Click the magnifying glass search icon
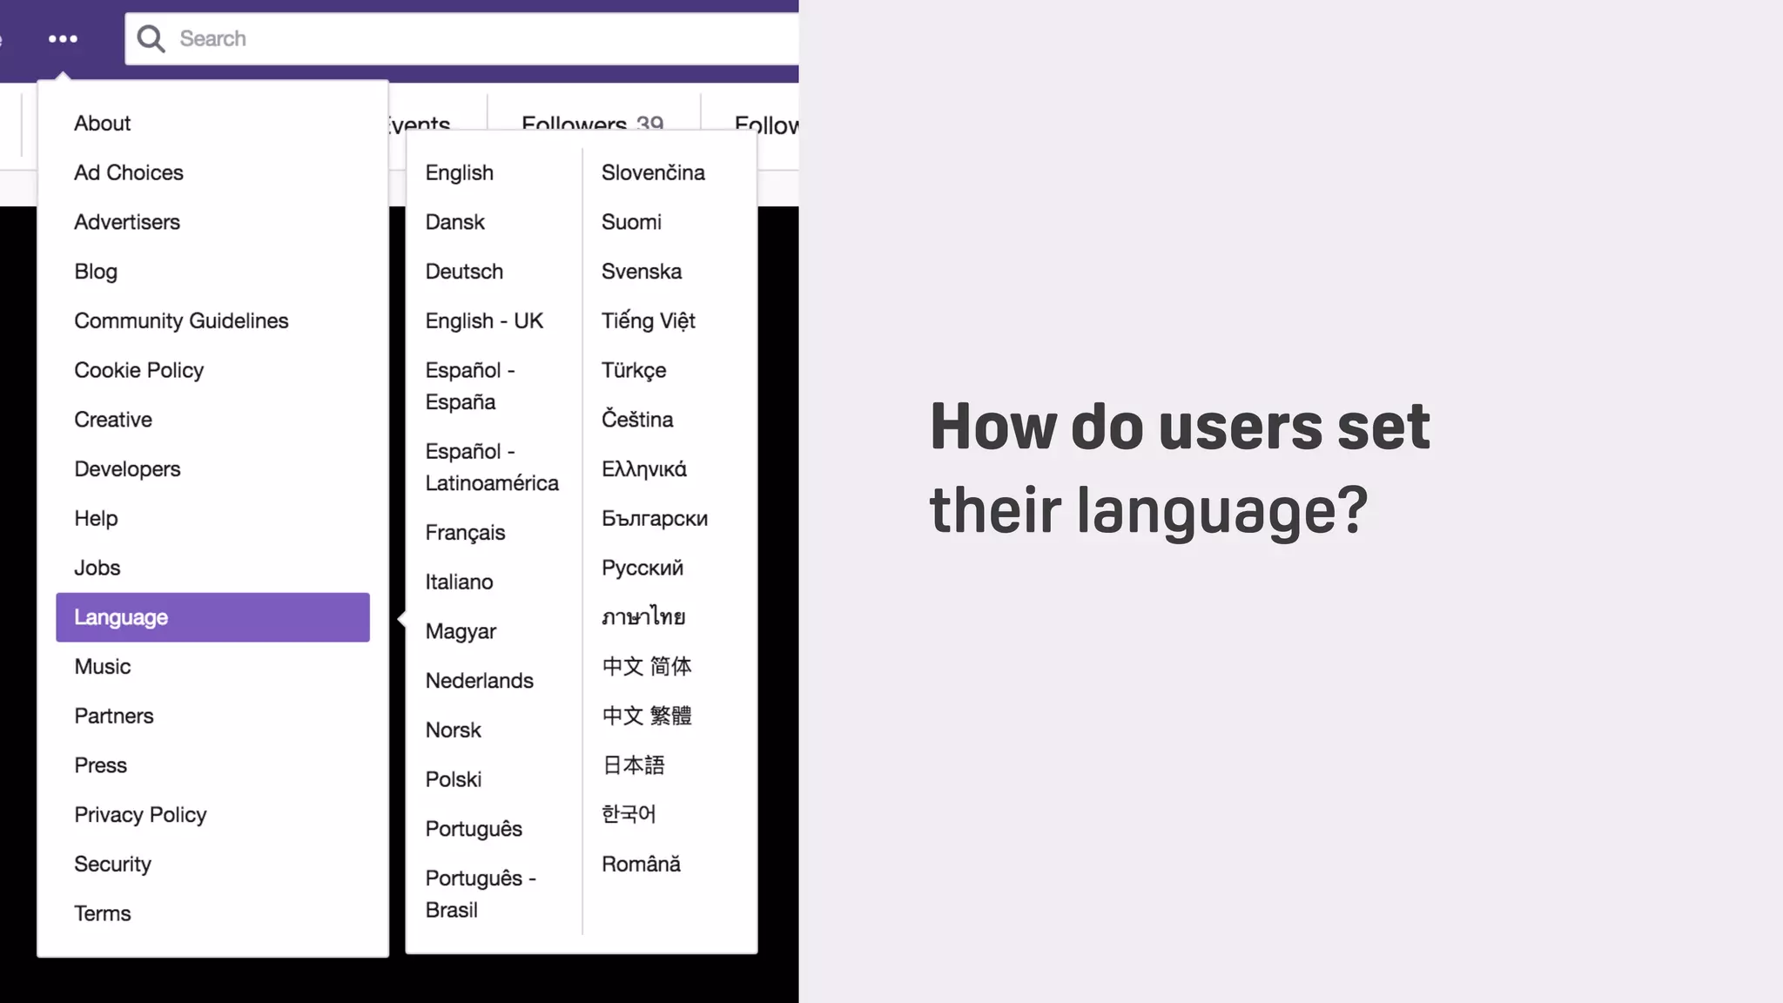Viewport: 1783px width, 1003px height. (151, 38)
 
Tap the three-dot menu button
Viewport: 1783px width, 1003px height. (63, 39)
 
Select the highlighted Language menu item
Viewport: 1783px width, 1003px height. (212, 617)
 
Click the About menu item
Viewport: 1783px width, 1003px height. (103, 124)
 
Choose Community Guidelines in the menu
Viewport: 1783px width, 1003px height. (181, 321)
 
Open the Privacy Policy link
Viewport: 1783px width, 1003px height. (140, 815)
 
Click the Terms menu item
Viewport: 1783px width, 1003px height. (103, 913)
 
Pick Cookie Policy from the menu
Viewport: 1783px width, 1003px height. (138, 371)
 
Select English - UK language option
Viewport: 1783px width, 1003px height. (484, 321)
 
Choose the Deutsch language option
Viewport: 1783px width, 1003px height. (464, 272)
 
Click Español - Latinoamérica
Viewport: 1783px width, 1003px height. (491, 468)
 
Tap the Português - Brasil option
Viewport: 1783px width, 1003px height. (480, 894)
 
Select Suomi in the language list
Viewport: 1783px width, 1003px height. (631, 222)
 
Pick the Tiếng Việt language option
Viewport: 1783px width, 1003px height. (648, 321)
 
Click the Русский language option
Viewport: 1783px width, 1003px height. (643, 569)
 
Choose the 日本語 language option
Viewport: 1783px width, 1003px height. (633, 765)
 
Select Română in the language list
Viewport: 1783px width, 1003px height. (641, 865)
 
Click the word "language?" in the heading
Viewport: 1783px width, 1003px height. (1222, 512)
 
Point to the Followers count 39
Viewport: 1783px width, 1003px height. (649, 124)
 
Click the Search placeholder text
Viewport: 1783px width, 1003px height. (212, 38)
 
